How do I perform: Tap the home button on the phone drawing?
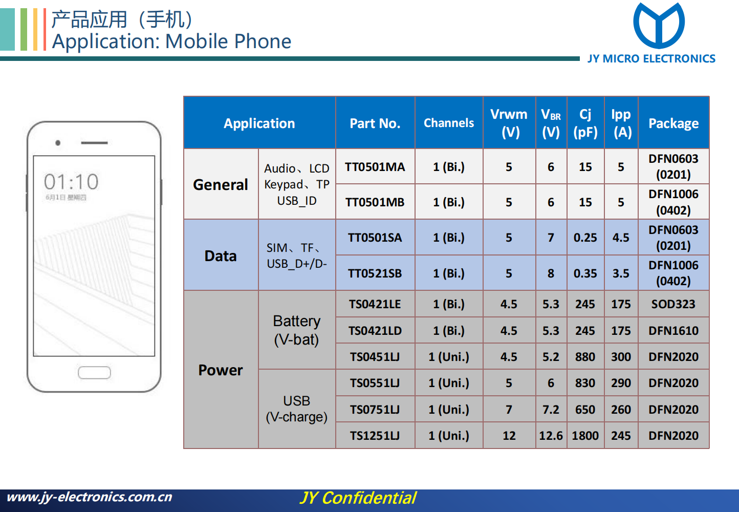click(x=94, y=372)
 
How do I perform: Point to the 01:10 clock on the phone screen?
click(x=71, y=182)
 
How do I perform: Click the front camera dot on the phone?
click(x=58, y=143)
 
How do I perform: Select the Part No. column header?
click(x=375, y=123)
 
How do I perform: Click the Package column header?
click(x=673, y=123)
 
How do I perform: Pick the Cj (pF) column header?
click(x=585, y=123)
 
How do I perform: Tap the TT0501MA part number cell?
click(x=375, y=167)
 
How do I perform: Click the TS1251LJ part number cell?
click(x=375, y=435)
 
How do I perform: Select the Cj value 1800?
click(x=585, y=435)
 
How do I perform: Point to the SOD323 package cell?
click(x=673, y=304)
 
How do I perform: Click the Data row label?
click(x=221, y=256)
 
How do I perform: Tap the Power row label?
click(x=221, y=370)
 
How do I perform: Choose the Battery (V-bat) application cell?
click(x=297, y=330)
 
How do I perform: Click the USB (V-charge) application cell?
click(x=297, y=409)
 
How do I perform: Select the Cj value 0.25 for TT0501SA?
click(x=585, y=238)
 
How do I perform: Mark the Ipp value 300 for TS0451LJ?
click(x=621, y=357)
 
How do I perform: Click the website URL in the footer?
click(x=90, y=497)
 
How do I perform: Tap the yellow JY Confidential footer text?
click(x=358, y=498)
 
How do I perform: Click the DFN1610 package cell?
click(x=673, y=330)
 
